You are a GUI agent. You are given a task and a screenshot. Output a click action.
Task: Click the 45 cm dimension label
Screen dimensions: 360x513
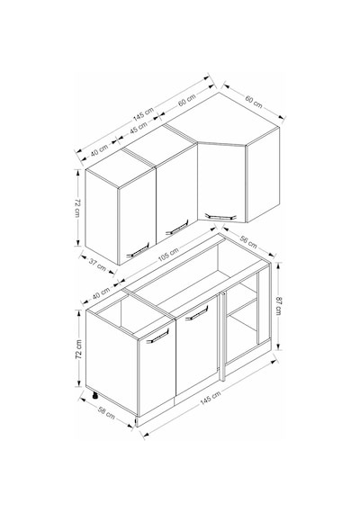click(139, 128)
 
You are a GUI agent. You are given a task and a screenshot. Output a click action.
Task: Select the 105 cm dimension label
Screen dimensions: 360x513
click(168, 255)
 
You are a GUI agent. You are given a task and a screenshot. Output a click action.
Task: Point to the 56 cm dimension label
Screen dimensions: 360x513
click(248, 241)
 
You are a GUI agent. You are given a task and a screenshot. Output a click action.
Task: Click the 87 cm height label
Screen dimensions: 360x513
click(279, 305)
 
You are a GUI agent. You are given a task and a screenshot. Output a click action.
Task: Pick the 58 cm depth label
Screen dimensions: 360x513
click(106, 412)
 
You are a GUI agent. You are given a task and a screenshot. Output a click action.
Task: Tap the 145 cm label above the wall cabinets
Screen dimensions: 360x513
click(143, 113)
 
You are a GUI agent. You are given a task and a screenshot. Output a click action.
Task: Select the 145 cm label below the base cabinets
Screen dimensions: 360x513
click(211, 398)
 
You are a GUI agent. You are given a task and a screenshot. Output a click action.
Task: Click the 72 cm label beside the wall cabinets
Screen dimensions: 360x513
click(77, 207)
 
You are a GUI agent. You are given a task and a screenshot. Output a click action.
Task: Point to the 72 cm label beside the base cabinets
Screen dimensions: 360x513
click(78, 349)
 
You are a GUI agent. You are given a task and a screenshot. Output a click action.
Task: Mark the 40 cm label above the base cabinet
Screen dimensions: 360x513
click(101, 293)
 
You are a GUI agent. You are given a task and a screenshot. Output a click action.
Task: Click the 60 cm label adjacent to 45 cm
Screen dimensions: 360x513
click(187, 100)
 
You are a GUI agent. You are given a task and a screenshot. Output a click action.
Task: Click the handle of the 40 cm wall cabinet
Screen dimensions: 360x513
click(138, 250)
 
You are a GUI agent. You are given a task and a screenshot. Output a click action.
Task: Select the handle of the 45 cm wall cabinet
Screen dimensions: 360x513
click(177, 227)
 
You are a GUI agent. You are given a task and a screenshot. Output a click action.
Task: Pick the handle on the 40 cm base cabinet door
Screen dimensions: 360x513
click(157, 336)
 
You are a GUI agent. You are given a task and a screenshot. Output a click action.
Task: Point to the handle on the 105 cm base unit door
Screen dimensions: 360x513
click(197, 313)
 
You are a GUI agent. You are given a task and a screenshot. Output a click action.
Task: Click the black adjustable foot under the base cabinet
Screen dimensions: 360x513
click(94, 395)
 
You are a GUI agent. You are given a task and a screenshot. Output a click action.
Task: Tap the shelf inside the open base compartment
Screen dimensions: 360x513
click(241, 307)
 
